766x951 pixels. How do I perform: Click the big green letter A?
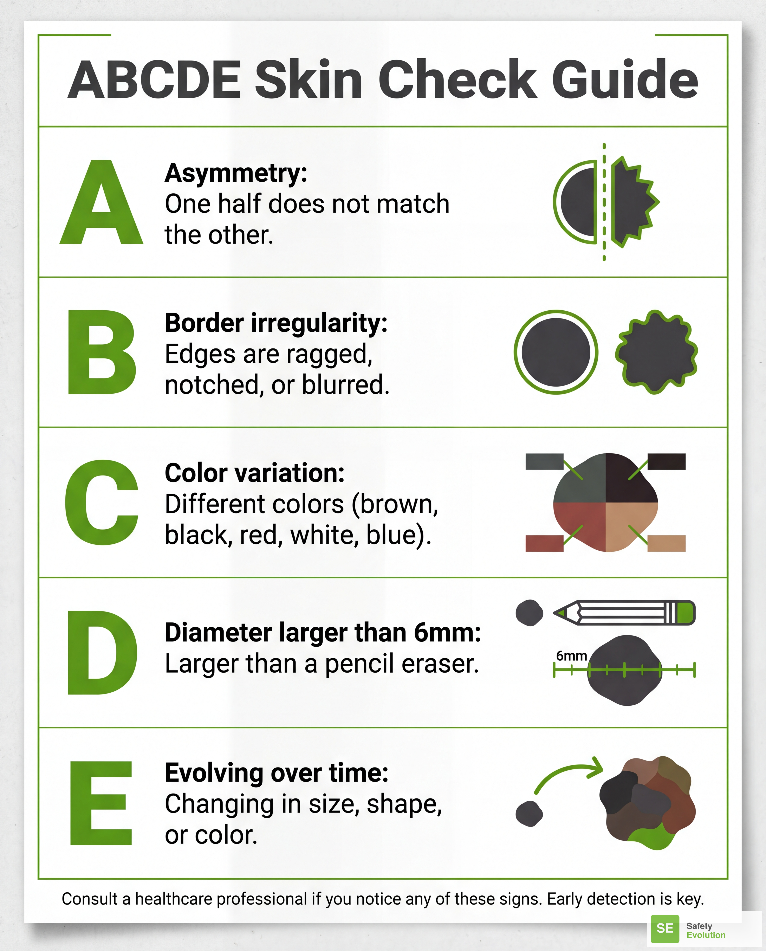click(102, 207)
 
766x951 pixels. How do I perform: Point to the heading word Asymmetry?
click(235, 173)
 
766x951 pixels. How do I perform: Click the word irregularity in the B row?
click(319, 323)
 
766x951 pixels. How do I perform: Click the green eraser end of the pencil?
click(685, 613)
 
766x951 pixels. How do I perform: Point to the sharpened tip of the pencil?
click(559, 613)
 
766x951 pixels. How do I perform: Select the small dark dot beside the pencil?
click(529, 613)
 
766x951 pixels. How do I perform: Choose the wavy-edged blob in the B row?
click(656, 352)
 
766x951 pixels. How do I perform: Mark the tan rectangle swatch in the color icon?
click(666, 543)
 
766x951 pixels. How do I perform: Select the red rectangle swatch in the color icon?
click(544, 543)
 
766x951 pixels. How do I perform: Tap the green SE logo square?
click(664, 928)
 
